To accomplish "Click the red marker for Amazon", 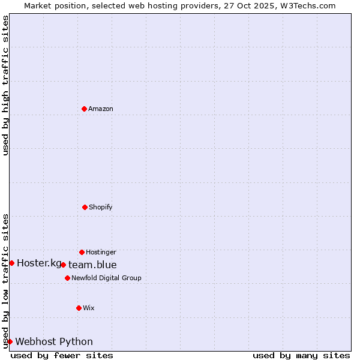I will pyautogui.click(x=84, y=109).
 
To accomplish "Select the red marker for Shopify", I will pyautogui.click(x=85, y=207).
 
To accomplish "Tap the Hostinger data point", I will pyautogui.click(x=82, y=252).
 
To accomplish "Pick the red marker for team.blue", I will pyautogui.click(x=63, y=265).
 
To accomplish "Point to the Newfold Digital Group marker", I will pyautogui.click(x=67, y=278).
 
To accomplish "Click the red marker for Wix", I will pyautogui.click(x=79, y=308).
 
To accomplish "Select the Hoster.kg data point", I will pyautogui.click(x=11, y=263).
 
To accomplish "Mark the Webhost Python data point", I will pyautogui.click(x=10, y=341).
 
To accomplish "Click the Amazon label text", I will pyautogui.click(x=101, y=109).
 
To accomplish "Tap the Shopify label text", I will pyautogui.click(x=101, y=207).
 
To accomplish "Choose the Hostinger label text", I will pyautogui.click(x=101, y=252).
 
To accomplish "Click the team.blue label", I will pyautogui.click(x=92, y=265).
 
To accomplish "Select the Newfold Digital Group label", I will pyautogui.click(x=106, y=278).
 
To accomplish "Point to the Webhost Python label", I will pyautogui.click(x=54, y=341).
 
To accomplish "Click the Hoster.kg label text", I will pyautogui.click(x=39, y=263).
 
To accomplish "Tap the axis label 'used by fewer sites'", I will pyautogui.click(x=62, y=355).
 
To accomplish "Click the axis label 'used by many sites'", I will pyautogui.click(x=301, y=355).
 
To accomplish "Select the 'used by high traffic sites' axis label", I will pyautogui.click(x=5, y=85).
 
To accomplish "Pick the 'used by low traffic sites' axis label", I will pyautogui.click(x=5, y=281).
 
